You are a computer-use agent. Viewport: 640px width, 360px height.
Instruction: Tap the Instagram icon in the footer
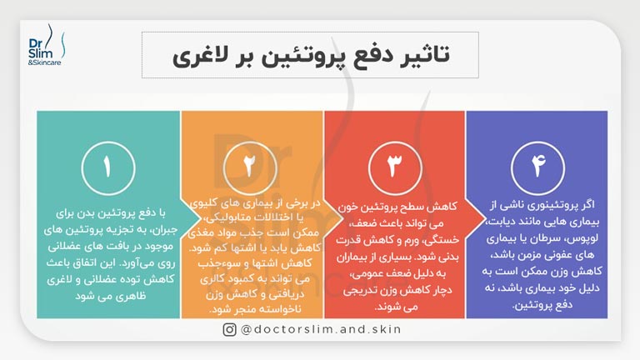[x=229, y=329]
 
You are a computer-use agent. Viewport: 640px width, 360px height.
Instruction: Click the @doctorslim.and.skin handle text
[x=322, y=329]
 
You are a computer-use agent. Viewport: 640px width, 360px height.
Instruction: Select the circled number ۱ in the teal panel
[x=107, y=166]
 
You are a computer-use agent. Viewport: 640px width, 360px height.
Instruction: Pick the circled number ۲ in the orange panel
[x=249, y=166]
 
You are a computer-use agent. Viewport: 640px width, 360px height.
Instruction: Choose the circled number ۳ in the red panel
[x=392, y=166]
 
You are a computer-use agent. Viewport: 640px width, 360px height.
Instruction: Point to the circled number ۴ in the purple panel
[x=536, y=166]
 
